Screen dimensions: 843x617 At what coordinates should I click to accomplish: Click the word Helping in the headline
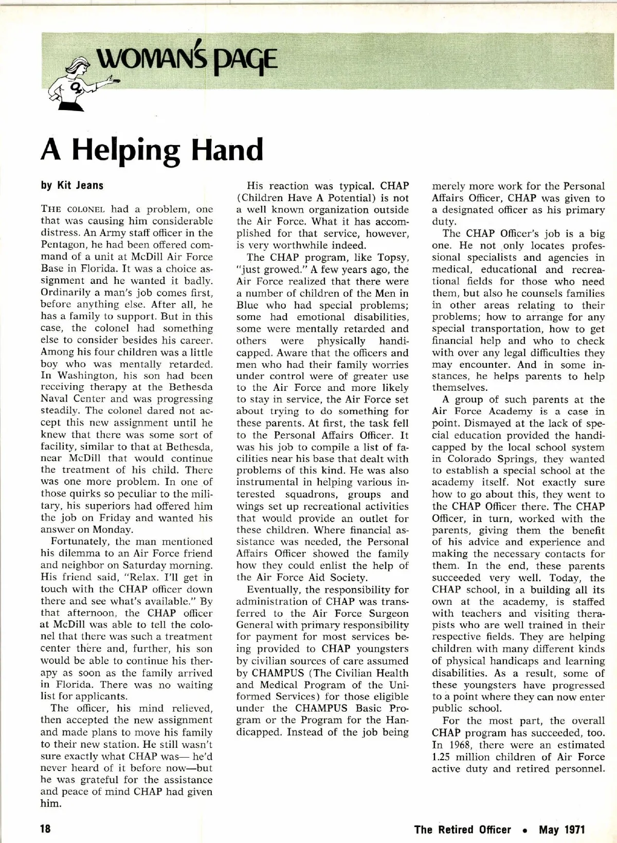(x=126, y=150)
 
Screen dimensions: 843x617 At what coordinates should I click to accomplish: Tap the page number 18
(x=46, y=829)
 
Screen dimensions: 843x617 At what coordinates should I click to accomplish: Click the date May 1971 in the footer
(x=561, y=829)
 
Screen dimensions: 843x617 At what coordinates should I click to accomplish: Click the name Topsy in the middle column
(x=392, y=257)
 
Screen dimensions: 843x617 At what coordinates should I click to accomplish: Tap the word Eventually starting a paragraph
(x=274, y=589)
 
